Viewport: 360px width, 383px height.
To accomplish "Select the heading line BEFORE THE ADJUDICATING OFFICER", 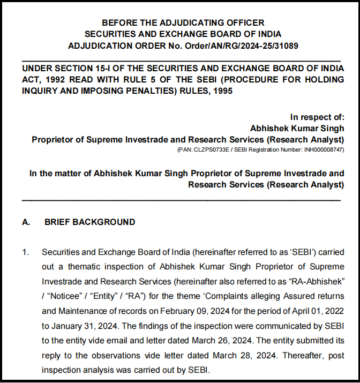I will coord(183,22).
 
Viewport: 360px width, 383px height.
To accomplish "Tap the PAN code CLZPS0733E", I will coord(210,150).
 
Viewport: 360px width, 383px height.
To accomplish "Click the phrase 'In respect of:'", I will coord(317,117).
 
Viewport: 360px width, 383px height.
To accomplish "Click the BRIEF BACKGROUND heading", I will coord(89,222).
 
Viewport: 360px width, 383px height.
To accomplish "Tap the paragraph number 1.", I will coord(25,252).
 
